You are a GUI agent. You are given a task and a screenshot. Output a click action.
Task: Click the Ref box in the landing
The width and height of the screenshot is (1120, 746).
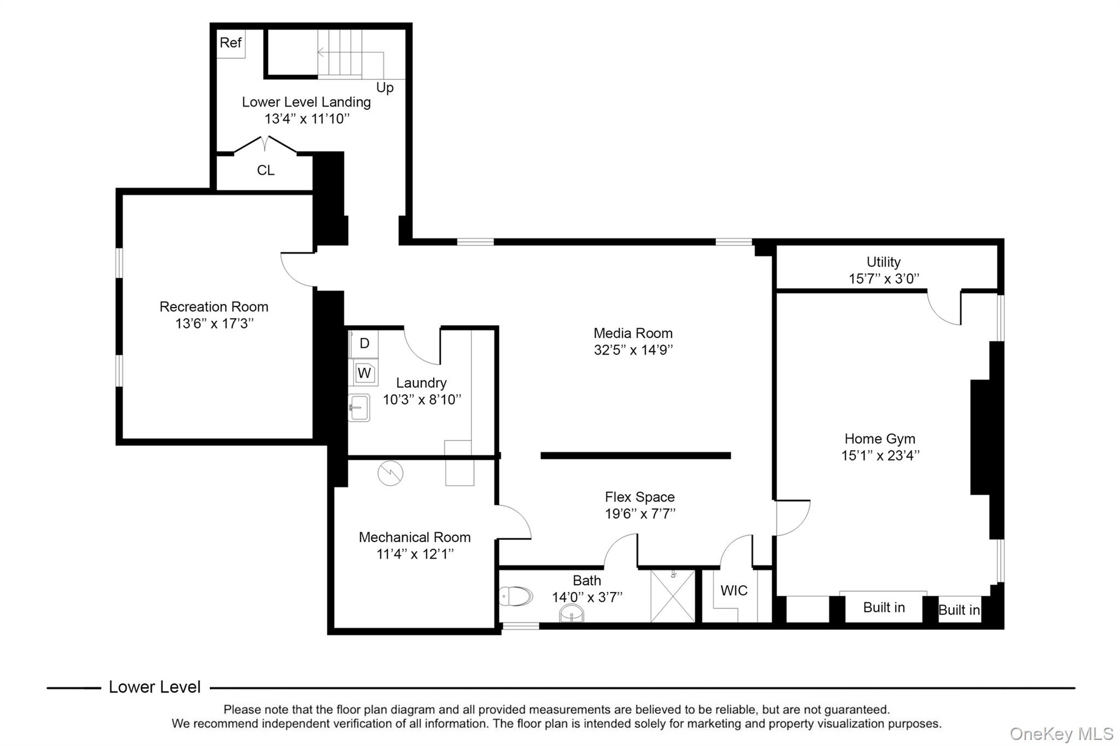click(x=231, y=43)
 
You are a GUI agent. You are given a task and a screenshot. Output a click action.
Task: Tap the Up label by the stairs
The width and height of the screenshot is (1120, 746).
click(x=385, y=87)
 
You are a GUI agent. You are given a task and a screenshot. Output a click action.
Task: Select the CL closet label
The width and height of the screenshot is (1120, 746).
click(x=266, y=171)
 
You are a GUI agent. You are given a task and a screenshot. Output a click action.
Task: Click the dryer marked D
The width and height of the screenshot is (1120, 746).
click(x=364, y=343)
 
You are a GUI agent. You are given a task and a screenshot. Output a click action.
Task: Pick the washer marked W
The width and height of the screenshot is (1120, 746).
click(x=364, y=373)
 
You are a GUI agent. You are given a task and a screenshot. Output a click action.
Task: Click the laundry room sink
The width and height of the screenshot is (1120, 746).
click(x=359, y=408)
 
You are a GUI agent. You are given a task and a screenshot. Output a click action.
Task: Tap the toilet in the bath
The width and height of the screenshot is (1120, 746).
click(x=516, y=596)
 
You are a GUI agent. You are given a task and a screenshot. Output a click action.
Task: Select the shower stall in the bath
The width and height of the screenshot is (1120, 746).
click(x=673, y=596)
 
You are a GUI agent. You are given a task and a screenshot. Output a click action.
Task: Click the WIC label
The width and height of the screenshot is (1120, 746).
click(x=734, y=591)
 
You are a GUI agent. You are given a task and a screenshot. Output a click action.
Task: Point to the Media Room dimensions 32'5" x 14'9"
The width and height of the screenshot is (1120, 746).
click(x=633, y=350)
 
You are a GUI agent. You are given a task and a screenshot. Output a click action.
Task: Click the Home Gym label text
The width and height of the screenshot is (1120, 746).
click(x=880, y=438)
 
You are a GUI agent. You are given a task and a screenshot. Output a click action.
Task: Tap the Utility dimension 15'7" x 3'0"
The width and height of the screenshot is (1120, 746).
click(x=884, y=279)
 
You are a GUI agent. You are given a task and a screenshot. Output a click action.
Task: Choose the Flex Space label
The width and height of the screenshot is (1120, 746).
click(x=640, y=497)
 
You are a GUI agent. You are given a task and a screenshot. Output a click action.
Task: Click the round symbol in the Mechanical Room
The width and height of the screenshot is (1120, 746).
click(x=390, y=473)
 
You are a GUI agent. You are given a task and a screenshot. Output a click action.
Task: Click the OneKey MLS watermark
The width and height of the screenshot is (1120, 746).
click(x=1061, y=733)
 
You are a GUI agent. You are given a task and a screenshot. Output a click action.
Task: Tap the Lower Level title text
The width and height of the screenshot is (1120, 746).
click(x=155, y=687)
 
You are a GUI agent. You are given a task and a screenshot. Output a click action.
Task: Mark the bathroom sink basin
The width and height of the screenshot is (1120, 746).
click(x=571, y=614)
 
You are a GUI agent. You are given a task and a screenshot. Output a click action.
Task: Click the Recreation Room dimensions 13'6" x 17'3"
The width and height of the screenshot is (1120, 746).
click(x=214, y=324)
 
